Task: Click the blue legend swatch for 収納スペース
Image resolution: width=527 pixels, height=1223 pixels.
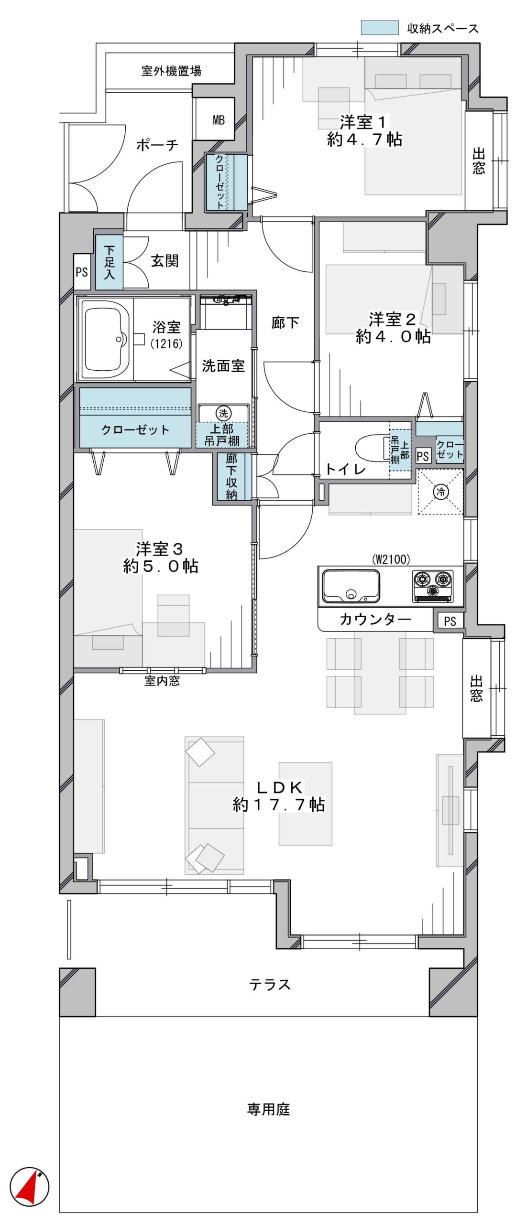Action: click(379, 28)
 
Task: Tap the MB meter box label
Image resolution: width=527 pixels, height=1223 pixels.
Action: click(219, 120)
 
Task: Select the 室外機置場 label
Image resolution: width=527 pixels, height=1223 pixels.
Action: click(171, 71)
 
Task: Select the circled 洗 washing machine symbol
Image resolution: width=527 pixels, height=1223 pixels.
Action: click(223, 413)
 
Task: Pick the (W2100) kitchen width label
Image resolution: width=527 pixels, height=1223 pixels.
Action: click(391, 559)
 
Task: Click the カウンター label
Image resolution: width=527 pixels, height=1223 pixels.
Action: click(375, 620)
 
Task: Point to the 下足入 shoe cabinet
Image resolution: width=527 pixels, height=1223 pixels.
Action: click(110, 262)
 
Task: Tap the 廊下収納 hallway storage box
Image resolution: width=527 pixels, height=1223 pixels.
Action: click(232, 476)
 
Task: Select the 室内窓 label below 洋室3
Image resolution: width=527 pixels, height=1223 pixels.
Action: click(162, 681)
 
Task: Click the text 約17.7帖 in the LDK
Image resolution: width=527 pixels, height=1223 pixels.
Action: click(279, 805)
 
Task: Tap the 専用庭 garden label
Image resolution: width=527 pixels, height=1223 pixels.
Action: click(268, 1109)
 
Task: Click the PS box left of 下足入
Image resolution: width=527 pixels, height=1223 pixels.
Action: click(82, 271)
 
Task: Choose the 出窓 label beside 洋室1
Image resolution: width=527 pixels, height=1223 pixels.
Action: click(479, 161)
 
